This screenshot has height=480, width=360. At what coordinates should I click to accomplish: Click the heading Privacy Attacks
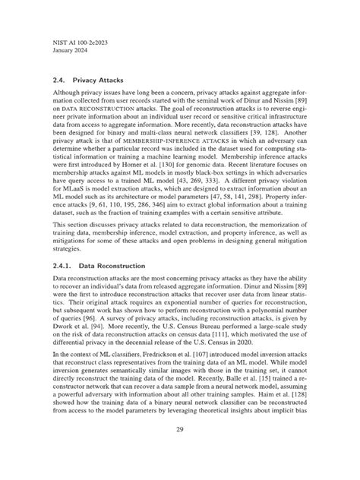tap(102, 78)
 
